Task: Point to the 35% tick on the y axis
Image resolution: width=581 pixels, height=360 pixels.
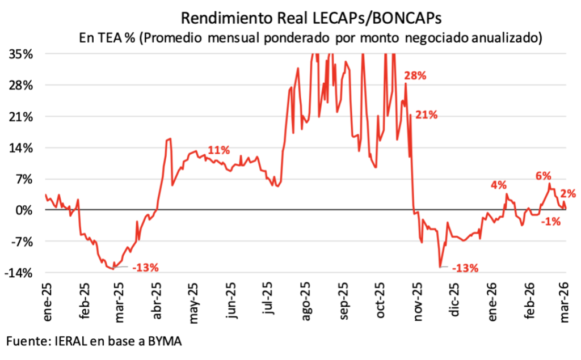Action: click(24, 54)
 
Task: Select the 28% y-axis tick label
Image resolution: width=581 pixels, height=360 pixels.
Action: click(24, 86)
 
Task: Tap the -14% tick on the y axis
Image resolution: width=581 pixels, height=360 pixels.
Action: click(22, 273)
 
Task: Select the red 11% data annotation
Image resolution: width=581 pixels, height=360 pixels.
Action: click(218, 150)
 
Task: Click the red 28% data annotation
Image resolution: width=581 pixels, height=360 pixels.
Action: click(415, 76)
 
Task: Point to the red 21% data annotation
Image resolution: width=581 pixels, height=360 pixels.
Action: click(427, 115)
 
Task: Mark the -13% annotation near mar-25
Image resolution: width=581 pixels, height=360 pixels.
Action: click(145, 267)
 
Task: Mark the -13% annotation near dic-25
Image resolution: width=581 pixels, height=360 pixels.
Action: click(465, 267)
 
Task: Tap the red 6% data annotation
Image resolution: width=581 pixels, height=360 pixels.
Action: click(543, 177)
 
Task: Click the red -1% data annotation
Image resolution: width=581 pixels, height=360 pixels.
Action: click(551, 222)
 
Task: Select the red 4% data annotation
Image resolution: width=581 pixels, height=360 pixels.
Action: click(499, 185)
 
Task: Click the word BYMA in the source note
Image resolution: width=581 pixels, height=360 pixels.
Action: click(169, 341)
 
